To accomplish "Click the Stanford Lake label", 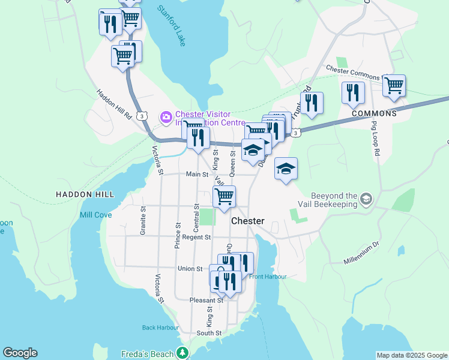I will [x=172, y=26].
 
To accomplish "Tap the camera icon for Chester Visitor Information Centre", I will [x=166, y=116].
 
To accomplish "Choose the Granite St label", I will [x=143, y=221].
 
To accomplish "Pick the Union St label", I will [x=190, y=268].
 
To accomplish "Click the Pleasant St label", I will [x=206, y=300].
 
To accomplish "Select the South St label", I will [x=209, y=333].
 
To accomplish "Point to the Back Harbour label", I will [x=160, y=328].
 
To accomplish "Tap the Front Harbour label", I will [x=267, y=277].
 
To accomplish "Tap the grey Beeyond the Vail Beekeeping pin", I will [x=367, y=199].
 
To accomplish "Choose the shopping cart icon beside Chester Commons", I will [x=394, y=86].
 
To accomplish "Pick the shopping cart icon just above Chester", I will [x=224, y=196].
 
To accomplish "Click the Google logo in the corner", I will [x=20, y=353].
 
